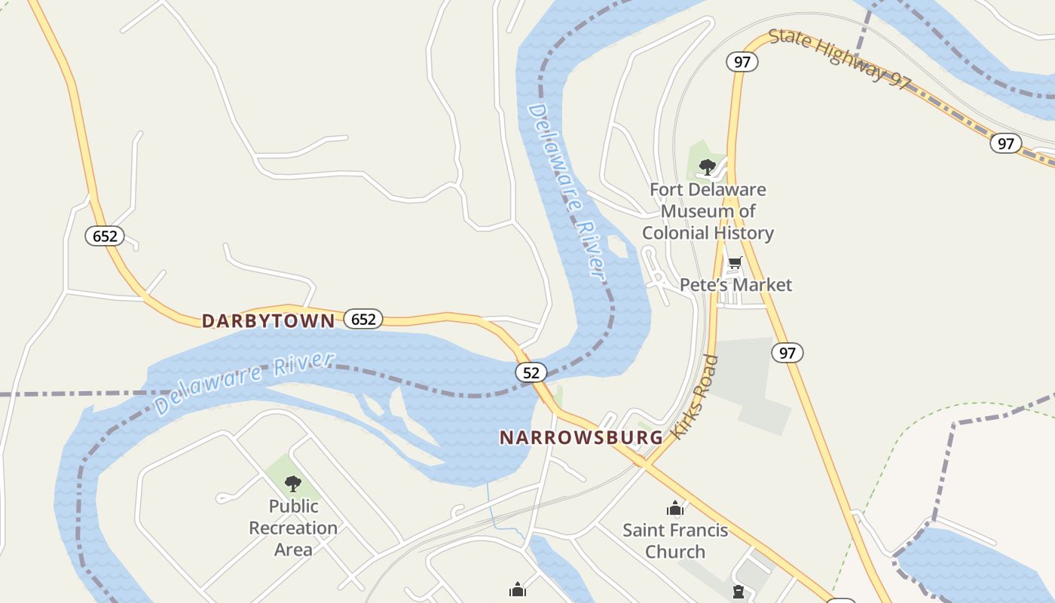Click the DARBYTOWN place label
point(268,321)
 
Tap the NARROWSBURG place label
point(581,437)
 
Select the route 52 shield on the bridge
point(531,372)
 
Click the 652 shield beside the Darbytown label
point(363,320)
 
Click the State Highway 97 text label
point(839,58)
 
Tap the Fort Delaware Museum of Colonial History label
point(708,211)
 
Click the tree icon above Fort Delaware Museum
point(707,167)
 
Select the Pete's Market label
point(735,285)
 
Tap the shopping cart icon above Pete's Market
point(735,263)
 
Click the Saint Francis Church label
point(675,540)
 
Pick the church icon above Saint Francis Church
point(674,508)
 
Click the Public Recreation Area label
point(293,528)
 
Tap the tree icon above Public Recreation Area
point(293,483)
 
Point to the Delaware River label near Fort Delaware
point(567,193)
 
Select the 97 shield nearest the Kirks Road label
point(787,352)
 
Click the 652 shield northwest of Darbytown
point(105,236)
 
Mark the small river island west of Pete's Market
point(617,246)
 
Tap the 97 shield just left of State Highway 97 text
point(742,62)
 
